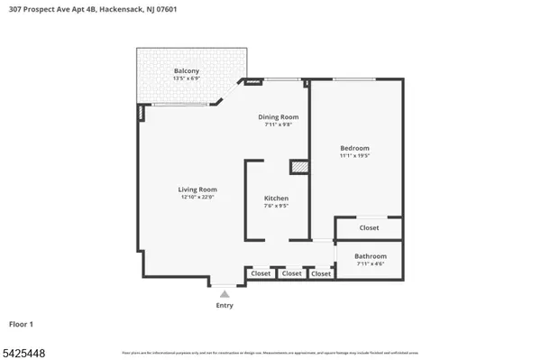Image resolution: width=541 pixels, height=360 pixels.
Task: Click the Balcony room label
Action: tap(187, 71)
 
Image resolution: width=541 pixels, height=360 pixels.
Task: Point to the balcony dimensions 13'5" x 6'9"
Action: tap(187, 79)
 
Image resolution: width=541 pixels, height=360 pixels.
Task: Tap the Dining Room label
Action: tap(279, 117)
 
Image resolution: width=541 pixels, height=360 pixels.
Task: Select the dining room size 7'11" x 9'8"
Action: tap(279, 125)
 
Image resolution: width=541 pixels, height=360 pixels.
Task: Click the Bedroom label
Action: tap(354, 148)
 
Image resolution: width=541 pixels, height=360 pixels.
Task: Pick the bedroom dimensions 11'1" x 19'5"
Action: tap(354, 156)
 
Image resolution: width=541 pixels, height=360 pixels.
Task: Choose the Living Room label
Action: tap(197, 189)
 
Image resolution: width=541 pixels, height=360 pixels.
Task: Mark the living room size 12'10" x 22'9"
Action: tap(197, 198)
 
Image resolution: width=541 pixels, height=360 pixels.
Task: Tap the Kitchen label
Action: tap(276, 198)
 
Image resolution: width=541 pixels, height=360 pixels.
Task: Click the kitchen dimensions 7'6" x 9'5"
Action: tap(276, 206)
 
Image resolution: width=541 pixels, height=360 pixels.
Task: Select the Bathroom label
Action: tap(371, 255)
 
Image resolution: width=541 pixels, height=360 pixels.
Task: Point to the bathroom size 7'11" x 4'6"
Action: tap(371, 263)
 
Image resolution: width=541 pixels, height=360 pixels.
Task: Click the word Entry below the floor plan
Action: tap(225, 305)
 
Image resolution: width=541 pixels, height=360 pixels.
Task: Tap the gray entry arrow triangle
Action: tap(225, 293)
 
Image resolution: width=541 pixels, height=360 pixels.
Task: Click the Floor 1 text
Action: tap(22, 323)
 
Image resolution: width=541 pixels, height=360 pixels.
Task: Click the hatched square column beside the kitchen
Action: tap(298, 167)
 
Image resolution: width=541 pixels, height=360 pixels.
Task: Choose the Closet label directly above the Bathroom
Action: tap(369, 228)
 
